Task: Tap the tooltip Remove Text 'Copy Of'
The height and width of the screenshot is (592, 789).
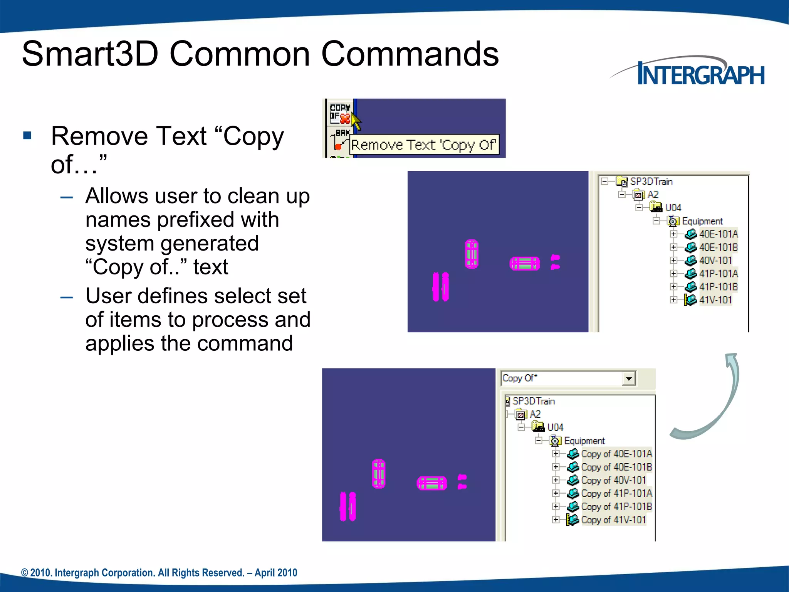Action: [423, 145]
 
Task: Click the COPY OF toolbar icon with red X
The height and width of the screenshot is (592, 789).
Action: [340, 113]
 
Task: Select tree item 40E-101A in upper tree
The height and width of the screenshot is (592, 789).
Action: [718, 234]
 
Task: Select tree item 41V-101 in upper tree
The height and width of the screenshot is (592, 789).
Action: [715, 300]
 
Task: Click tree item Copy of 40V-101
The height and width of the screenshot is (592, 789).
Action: [613, 480]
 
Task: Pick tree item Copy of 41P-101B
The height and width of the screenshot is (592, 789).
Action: [616, 506]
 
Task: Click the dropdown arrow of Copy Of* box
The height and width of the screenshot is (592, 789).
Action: [629, 378]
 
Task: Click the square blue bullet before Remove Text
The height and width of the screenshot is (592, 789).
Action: [27, 135]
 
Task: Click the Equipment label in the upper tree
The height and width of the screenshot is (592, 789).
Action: [702, 221]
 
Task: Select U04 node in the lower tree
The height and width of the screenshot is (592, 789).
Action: [555, 427]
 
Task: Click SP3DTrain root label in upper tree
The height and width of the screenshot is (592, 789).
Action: [651, 182]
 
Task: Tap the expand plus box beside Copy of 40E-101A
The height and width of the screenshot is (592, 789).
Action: [556, 454]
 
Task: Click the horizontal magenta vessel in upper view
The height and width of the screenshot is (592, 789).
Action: [524, 264]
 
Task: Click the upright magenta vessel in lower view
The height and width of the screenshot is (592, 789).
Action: [379, 474]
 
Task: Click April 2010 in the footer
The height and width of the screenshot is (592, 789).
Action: [276, 573]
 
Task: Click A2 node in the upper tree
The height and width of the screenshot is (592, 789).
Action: [653, 195]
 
